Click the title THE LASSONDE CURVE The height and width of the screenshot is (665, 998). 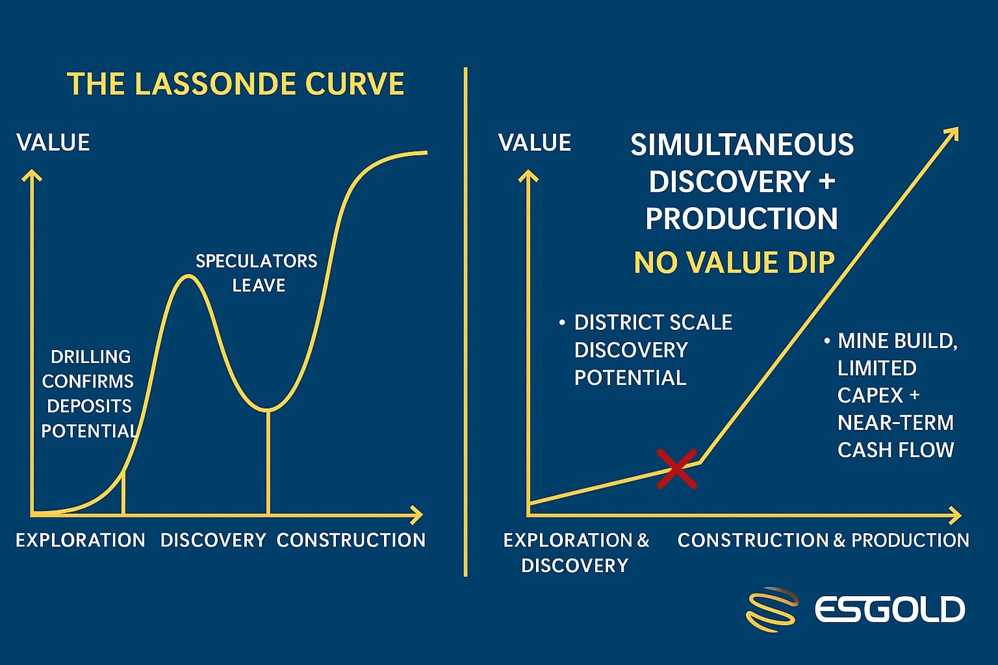tap(236, 84)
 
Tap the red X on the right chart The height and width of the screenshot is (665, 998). tap(676, 469)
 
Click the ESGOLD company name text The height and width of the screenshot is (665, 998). tap(889, 609)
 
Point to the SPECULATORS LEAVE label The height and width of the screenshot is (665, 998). tap(257, 273)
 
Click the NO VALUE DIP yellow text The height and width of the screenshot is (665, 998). tap(734, 262)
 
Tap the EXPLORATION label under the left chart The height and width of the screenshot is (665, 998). tap(81, 540)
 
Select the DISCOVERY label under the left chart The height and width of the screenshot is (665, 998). tap(213, 540)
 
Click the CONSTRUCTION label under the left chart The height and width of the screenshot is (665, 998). tap(351, 540)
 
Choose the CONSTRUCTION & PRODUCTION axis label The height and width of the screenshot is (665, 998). tap(823, 540)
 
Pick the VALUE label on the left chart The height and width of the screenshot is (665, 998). tap(53, 142)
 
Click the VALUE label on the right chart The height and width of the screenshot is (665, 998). tap(535, 142)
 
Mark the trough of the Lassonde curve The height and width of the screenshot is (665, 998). tap(268, 409)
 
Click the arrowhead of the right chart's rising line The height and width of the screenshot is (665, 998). tap(953, 134)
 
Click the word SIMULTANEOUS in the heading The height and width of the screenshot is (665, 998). tap(742, 144)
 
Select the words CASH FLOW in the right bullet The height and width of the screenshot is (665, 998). tap(895, 450)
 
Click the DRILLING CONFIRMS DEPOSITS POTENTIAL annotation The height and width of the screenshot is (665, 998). tap(89, 394)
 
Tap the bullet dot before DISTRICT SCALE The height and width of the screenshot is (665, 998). tap(562, 323)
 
